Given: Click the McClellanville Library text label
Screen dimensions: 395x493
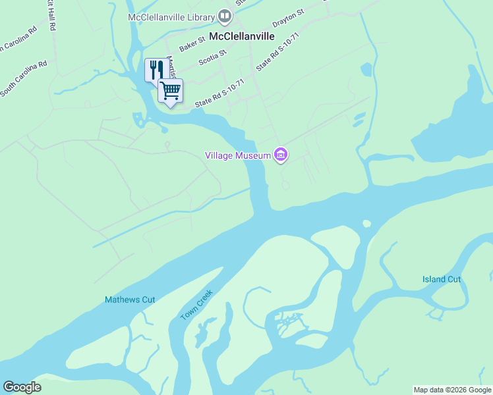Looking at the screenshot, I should pos(173,16).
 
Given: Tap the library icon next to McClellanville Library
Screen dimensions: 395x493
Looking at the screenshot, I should pos(225,15).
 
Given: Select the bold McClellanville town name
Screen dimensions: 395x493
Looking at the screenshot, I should pos(242,36).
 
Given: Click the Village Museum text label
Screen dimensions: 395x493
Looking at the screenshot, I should pos(238,155).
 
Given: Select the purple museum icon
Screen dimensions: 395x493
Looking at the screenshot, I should pos(281,155).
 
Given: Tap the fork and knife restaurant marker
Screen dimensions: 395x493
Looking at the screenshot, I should pos(156,69).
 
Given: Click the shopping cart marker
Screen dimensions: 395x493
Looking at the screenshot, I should pos(171,90).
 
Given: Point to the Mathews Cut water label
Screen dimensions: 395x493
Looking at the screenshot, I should pos(130,300).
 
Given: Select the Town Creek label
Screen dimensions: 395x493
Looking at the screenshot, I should pos(196,305).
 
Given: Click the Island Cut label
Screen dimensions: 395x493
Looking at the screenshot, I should pos(442,279).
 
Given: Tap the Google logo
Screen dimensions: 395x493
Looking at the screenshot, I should pos(22,387).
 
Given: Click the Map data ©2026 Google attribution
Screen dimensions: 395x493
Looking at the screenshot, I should pos(452,390).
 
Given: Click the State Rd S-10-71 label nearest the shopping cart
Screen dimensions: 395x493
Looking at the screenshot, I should pos(219,93).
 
